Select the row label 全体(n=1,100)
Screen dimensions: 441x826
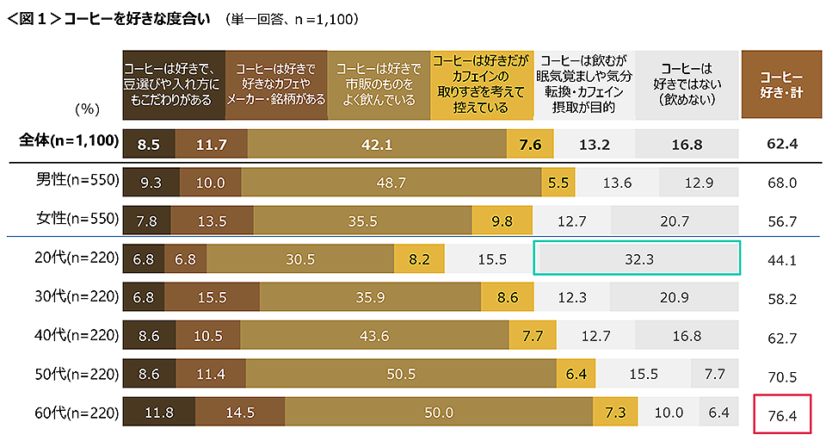pos(68,142)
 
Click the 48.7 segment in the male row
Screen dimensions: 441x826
pos(391,183)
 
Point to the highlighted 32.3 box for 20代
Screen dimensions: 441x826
pos(636,258)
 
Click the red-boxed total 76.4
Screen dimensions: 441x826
pos(783,416)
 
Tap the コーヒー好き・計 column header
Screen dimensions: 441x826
pos(782,84)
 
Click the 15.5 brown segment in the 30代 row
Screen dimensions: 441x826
pos(210,297)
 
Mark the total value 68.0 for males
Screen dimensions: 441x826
pos(783,183)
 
